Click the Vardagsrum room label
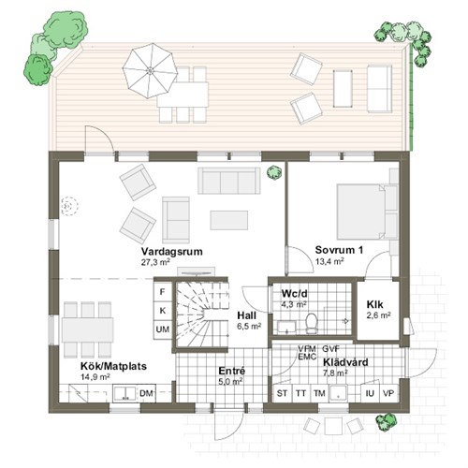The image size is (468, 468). (x=171, y=252)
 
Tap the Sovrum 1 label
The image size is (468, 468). (x=339, y=250)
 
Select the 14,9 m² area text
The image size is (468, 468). (x=95, y=377)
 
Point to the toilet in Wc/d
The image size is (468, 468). (x=311, y=323)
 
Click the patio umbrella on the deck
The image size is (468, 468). (x=150, y=71)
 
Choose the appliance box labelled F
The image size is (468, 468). (x=163, y=292)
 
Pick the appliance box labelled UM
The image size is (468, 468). (x=163, y=329)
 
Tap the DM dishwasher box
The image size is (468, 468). (x=146, y=393)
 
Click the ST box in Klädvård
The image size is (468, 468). (x=282, y=393)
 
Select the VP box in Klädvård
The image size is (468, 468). (x=388, y=393)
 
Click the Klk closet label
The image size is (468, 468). (x=374, y=304)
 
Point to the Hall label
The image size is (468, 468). (x=247, y=315)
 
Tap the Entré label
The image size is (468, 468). (x=232, y=371)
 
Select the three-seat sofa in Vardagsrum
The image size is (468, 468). (x=229, y=181)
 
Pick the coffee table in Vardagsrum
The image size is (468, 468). (x=229, y=220)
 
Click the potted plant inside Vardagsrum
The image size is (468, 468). (x=274, y=172)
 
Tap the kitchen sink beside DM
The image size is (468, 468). (x=124, y=393)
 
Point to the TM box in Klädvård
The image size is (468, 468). (x=319, y=393)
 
